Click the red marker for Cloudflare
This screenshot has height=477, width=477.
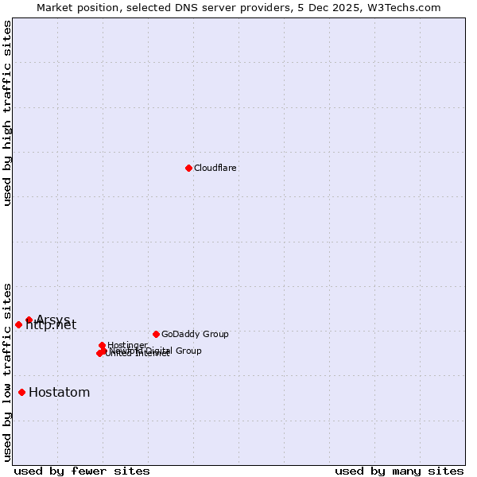[x=188, y=168]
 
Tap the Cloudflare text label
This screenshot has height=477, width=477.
[x=215, y=169]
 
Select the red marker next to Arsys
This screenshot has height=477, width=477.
[x=29, y=320]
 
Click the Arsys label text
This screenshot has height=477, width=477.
[x=52, y=320]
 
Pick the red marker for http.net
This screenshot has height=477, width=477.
[x=18, y=324]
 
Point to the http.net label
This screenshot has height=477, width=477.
[x=51, y=325]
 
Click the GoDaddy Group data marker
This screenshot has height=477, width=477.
[x=156, y=334]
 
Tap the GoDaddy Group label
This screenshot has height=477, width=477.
[x=194, y=335]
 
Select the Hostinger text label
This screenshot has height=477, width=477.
[x=127, y=345]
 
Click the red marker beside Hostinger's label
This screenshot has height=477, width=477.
[x=102, y=345]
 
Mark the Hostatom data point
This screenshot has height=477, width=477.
[x=21, y=392]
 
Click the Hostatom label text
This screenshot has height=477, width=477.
[x=59, y=393]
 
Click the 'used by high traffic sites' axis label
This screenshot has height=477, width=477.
[x=8, y=113]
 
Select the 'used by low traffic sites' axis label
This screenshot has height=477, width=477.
[x=8, y=372]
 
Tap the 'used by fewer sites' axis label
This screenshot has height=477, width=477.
[x=82, y=471]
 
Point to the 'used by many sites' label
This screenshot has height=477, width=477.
[x=399, y=471]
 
